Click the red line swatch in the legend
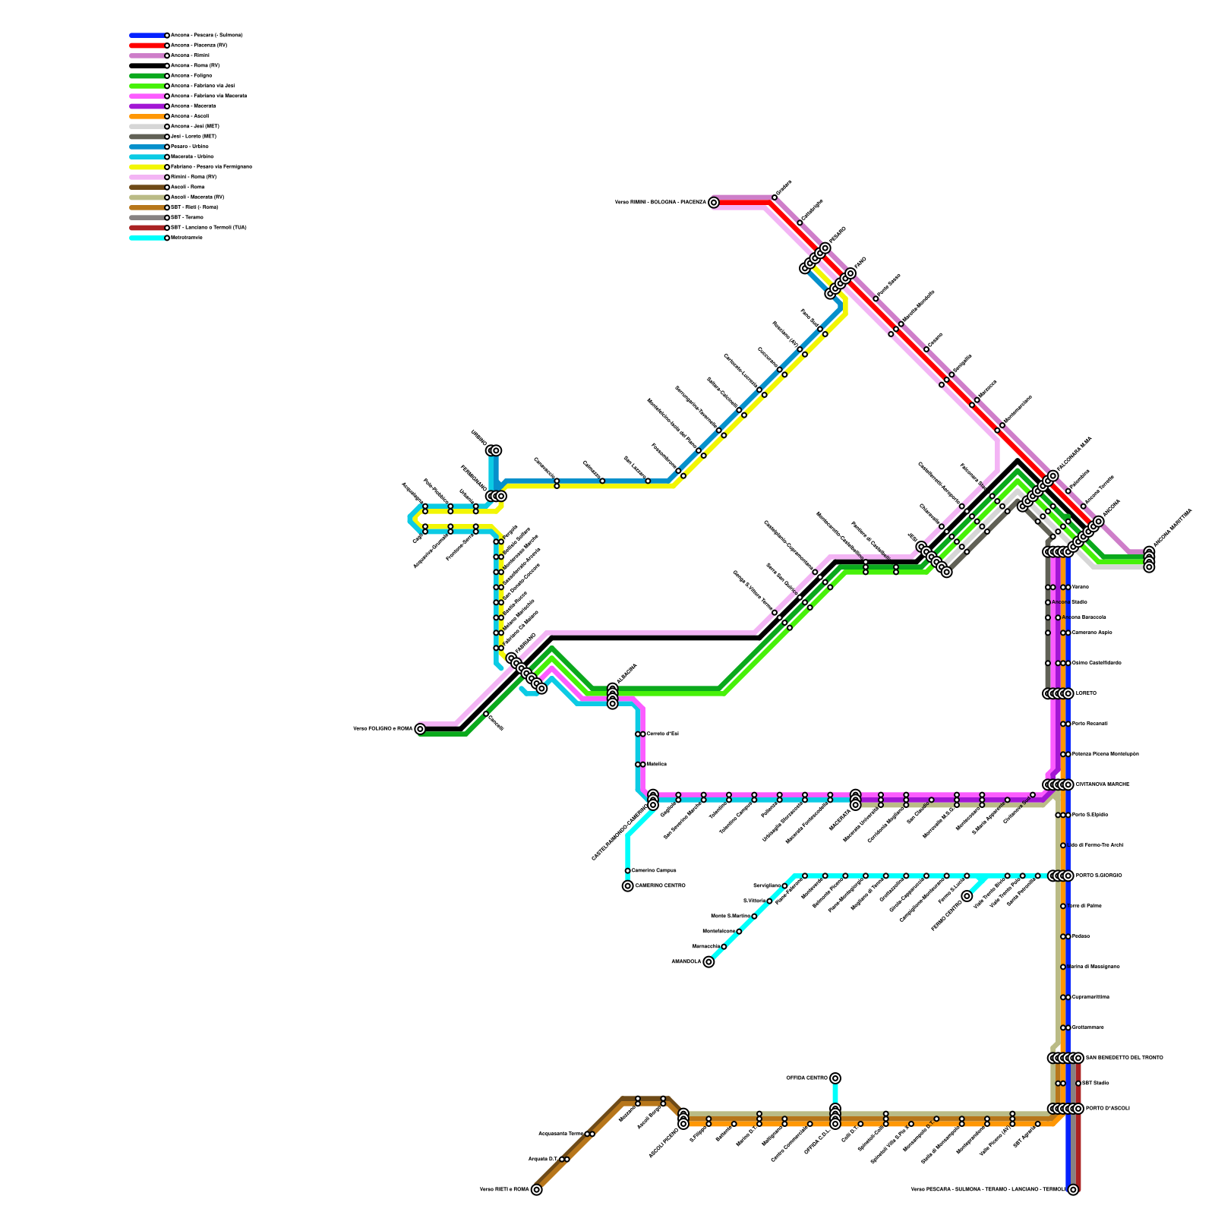147,46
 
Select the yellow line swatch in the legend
147,167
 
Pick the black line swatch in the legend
147,66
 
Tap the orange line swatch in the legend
147,116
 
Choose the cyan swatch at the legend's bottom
147,238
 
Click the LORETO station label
1087,693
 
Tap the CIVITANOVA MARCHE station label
1103,784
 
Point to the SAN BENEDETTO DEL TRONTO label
1124,1058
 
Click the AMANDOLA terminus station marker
708,962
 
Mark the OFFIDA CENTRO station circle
835,1078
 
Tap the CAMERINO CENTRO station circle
628,886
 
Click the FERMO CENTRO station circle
967,896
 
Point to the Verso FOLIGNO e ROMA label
383,729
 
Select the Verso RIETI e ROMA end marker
537,1190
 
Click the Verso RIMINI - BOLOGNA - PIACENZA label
660,203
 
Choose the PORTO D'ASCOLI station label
1107,1109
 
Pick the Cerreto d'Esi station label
662,734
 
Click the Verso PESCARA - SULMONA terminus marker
1073,1190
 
